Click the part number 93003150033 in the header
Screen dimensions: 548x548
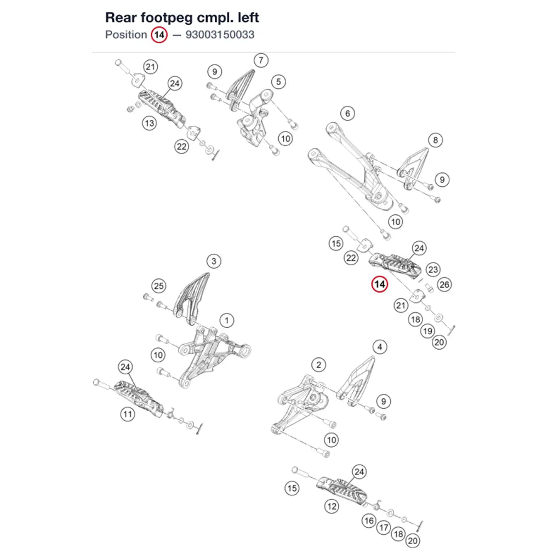[220, 35]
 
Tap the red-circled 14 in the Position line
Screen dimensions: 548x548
[159, 35]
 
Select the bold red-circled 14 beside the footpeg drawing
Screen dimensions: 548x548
[380, 284]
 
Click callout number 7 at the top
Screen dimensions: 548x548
[261, 60]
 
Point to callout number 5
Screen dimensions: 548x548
[278, 82]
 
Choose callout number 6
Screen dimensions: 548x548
[347, 113]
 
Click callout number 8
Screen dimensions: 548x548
[436, 140]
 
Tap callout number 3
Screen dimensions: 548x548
[214, 261]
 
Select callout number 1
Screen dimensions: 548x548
[227, 321]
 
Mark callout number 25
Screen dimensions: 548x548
[159, 286]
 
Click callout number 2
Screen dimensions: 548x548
[319, 365]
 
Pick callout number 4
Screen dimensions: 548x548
[380, 347]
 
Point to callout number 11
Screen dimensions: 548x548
[128, 414]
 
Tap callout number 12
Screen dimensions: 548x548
[332, 506]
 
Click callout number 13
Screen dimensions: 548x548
[149, 123]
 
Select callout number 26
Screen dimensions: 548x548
[444, 284]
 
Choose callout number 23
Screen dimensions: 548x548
[433, 270]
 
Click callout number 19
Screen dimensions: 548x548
[427, 331]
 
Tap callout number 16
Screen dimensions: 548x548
[369, 521]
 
